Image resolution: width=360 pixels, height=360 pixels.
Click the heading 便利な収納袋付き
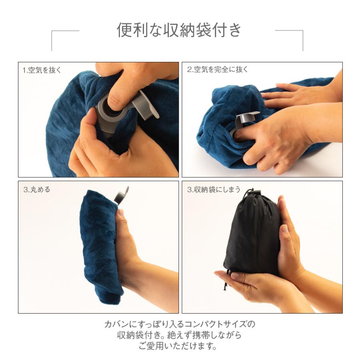[x=179, y=30]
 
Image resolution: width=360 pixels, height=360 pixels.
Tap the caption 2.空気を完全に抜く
[x=218, y=69]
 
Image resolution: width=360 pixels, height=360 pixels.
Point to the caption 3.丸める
[x=37, y=190]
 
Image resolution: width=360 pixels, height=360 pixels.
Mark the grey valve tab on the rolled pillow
[x=122, y=196]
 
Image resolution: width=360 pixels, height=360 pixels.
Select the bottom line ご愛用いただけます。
[x=179, y=346]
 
